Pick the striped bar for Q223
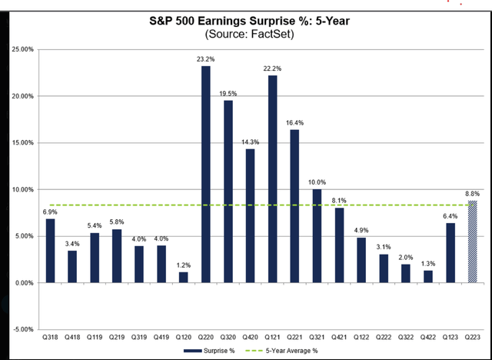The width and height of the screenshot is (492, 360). coord(473,242)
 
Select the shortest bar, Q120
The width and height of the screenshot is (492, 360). coord(184,277)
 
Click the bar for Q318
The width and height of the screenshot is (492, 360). coord(50,251)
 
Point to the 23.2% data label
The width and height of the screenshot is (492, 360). coord(206,58)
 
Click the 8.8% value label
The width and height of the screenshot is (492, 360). coord(473,193)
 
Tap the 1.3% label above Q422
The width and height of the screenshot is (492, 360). coord(428,263)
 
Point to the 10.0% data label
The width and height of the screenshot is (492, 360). coord(317,182)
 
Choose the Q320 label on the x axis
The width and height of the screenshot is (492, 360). coord(228,337)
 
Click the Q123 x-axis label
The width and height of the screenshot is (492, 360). coord(450,337)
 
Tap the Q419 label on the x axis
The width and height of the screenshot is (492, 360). coord(161,337)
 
